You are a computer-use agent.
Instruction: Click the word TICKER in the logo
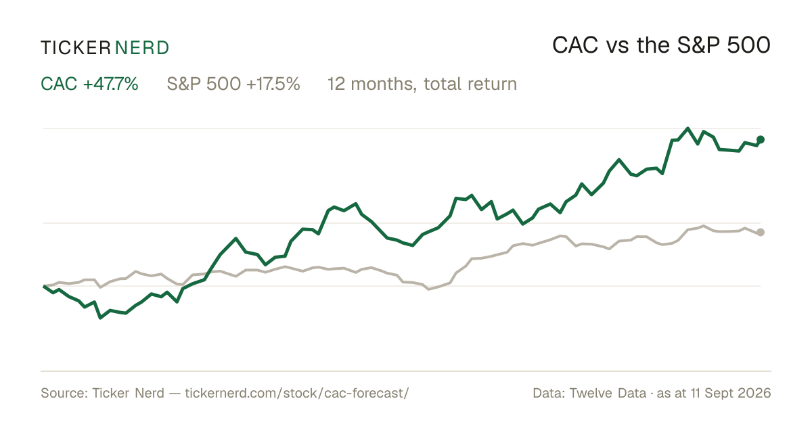[75, 48]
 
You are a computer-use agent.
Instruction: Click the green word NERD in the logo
[141, 48]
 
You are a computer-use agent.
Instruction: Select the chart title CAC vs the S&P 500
[661, 45]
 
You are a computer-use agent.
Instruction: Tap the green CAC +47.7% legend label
[89, 84]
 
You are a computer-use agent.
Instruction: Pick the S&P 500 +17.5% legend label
[233, 84]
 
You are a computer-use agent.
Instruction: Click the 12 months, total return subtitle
[422, 84]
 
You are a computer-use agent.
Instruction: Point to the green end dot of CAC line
[761, 139]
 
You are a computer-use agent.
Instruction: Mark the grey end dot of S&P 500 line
[761, 232]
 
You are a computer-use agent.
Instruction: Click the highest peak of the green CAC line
[687, 128]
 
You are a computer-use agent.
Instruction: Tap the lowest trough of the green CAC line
[100, 318]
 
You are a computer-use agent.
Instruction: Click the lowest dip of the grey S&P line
[429, 289]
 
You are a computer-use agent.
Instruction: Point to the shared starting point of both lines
[44, 286]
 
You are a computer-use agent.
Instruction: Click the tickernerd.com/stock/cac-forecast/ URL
[297, 393]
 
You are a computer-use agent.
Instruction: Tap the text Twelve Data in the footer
[608, 393]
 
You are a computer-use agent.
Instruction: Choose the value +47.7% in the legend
[110, 84]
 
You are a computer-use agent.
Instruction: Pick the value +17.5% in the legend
[273, 84]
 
